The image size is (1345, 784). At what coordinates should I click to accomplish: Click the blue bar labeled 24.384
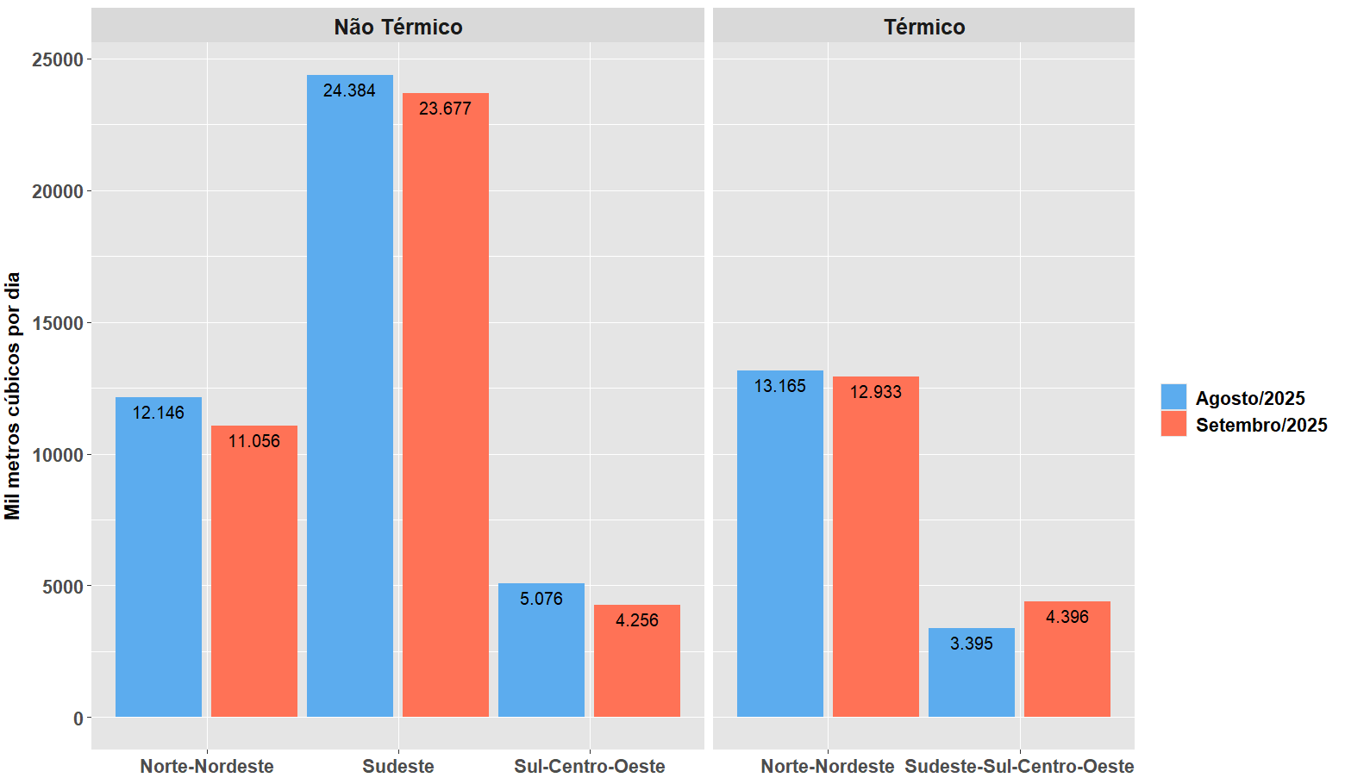pyautogui.click(x=349, y=396)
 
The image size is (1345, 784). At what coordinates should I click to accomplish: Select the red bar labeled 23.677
pyautogui.click(x=445, y=405)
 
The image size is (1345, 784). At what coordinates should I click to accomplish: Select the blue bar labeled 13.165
pyautogui.click(x=779, y=544)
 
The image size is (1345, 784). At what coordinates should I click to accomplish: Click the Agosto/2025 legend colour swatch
pyautogui.click(x=1173, y=397)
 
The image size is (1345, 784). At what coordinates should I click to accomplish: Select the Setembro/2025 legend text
pyautogui.click(x=1261, y=425)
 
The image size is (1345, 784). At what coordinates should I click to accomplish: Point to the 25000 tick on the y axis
pyautogui.click(x=58, y=59)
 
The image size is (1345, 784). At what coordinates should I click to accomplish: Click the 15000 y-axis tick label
pyautogui.click(x=58, y=323)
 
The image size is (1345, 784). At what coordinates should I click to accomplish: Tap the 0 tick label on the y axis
pyautogui.click(x=78, y=718)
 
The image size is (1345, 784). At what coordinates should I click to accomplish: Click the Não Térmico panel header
pyautogui.click(x=397, y=27)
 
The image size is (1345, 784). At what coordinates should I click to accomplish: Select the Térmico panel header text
pyautogui.click(x=923, y=27)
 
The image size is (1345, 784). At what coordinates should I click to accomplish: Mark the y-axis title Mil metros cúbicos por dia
pyautogui.click(x=12, y=395)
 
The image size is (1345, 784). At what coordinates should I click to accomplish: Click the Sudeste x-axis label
pyautogui.click(x=397, y=766)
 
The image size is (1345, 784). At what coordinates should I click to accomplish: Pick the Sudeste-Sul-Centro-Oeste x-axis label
pyautogui.click(x=1019, y=766)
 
